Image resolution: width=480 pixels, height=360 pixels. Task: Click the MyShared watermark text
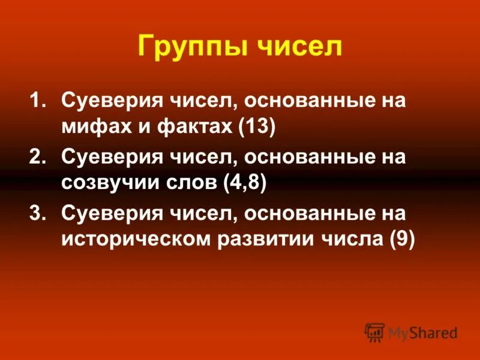(x=422, y=333)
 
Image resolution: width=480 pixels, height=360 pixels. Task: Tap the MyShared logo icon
(x=374, y=332)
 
